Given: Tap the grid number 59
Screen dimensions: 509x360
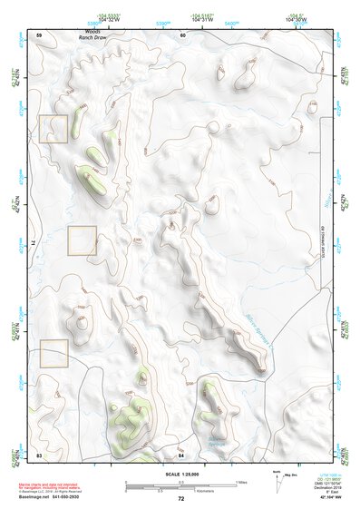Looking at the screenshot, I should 39,34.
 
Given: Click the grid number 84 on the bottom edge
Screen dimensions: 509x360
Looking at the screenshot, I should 180,454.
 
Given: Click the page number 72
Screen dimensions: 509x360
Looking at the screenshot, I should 181,499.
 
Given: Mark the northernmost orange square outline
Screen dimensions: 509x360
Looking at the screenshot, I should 54,129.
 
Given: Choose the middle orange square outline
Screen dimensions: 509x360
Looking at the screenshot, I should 82,240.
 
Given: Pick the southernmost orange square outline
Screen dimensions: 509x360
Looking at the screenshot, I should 54,354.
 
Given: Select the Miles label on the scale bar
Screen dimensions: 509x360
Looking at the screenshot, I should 241,481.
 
